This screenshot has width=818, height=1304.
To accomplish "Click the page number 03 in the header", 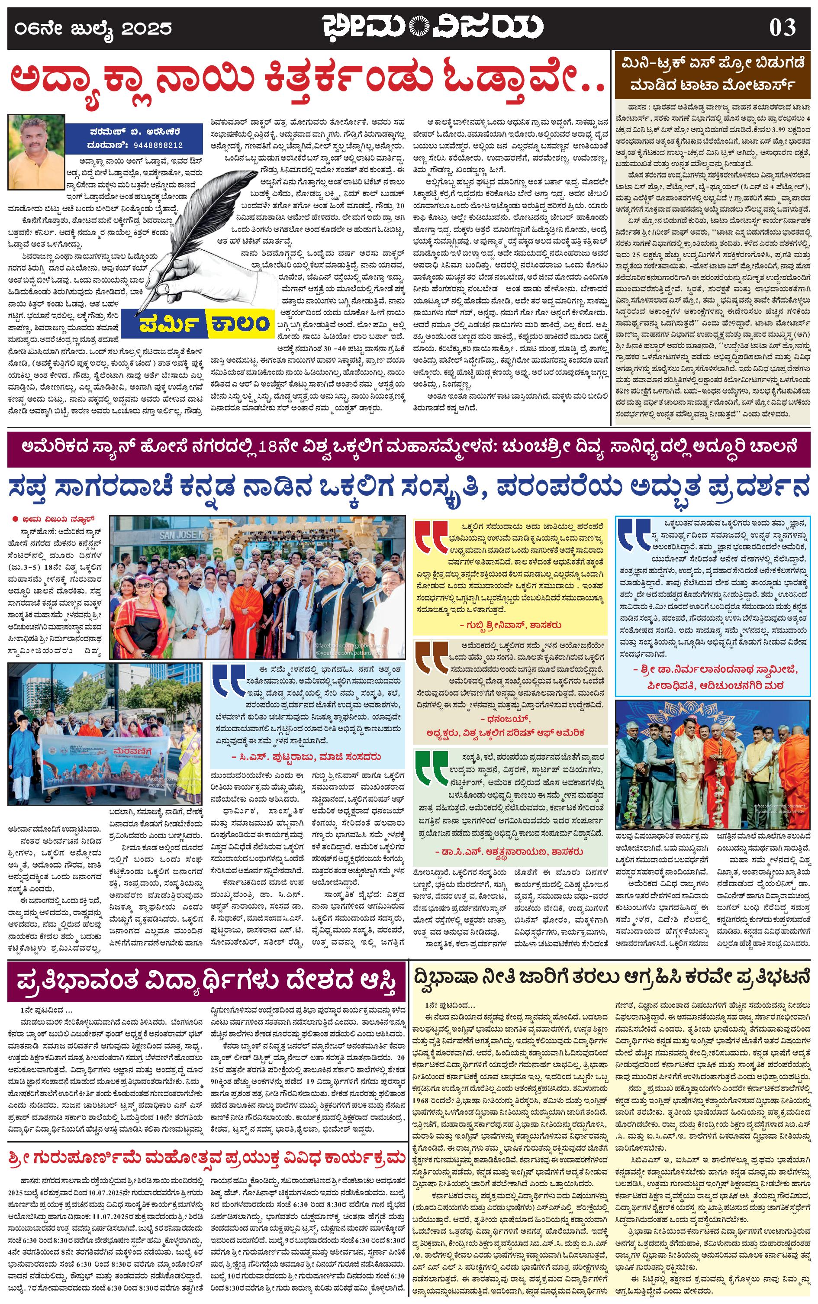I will point(783,27).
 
